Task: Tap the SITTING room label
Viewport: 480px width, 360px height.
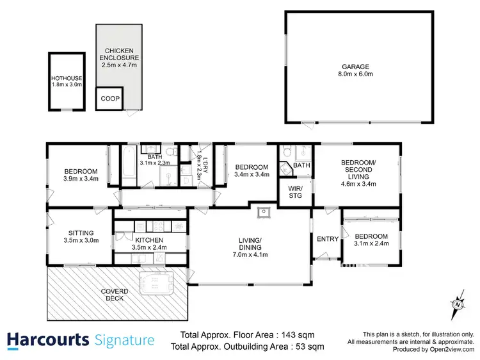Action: point(81,233)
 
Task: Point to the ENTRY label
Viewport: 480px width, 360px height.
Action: point(328,239)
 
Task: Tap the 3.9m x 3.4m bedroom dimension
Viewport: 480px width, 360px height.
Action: point(80,180)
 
